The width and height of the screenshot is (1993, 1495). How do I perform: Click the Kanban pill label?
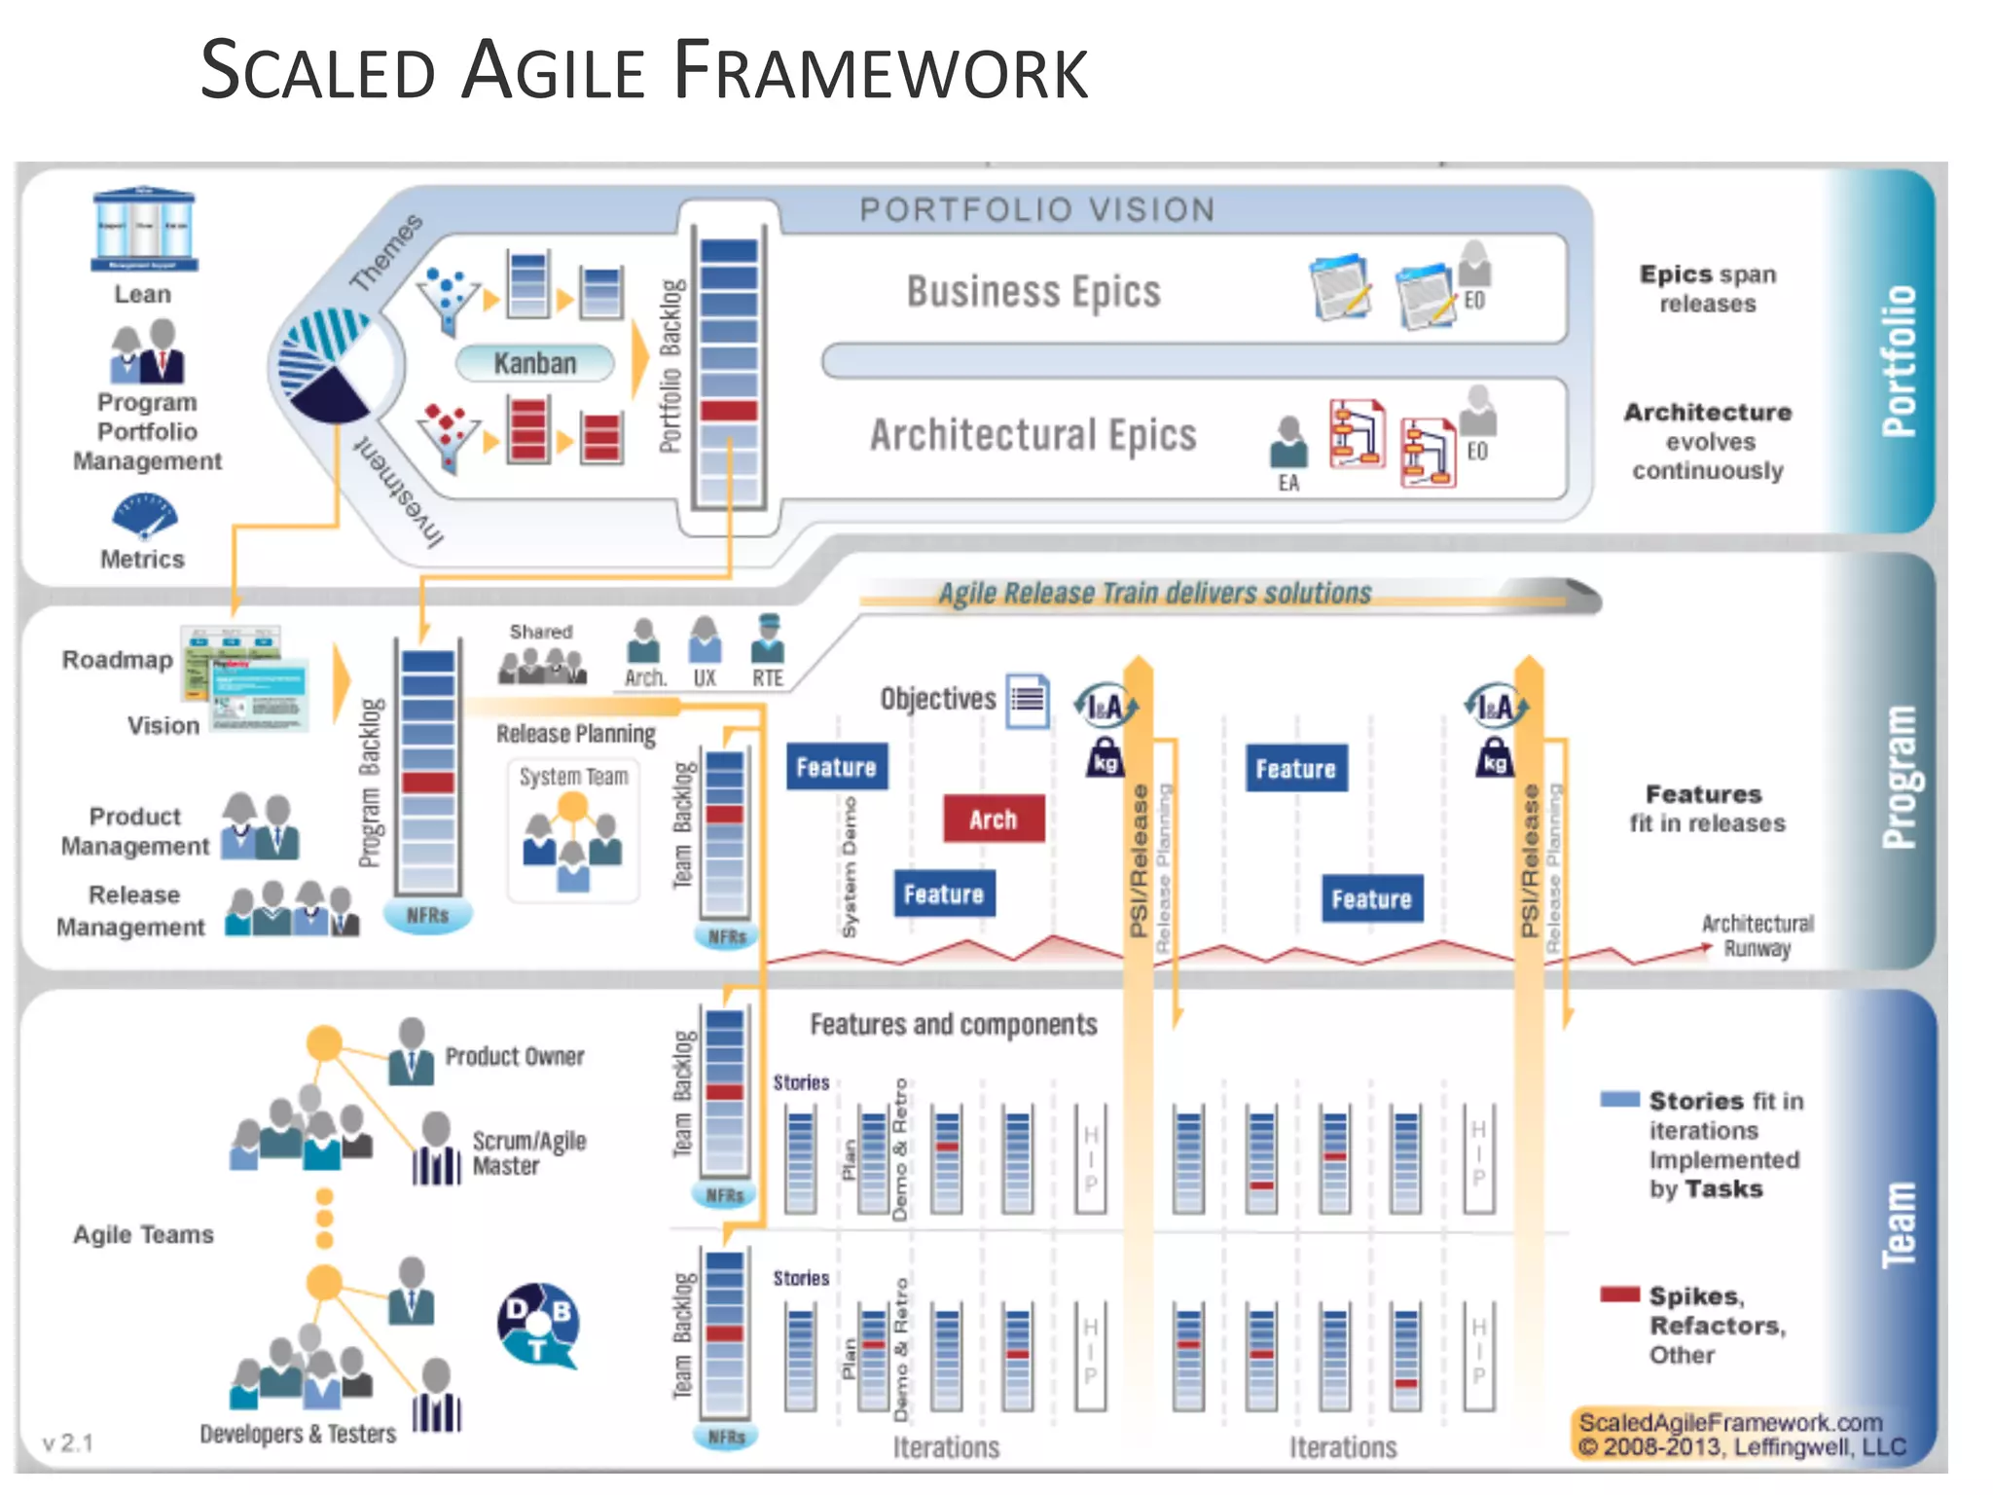[535, 363]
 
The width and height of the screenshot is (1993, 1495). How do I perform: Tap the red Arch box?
[994, 819]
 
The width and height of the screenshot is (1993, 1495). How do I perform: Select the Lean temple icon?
[144, 230]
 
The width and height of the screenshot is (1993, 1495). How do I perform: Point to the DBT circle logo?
[539, 1324]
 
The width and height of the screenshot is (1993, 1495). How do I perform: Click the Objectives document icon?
[1028, 700]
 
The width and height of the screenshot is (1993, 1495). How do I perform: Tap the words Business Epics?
[1033, 291]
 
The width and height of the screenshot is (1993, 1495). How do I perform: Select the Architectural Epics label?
[1033, 434]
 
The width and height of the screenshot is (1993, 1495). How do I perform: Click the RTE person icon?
[768, 639]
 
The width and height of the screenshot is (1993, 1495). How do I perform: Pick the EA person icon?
[1288, 443]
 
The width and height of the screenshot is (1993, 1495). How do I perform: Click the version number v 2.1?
[68, 1442]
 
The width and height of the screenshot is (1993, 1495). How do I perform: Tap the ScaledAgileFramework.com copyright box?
[1740, 1435]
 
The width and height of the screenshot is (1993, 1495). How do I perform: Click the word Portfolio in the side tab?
[1899, 360]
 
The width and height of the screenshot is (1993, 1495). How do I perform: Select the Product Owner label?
[515, 1056]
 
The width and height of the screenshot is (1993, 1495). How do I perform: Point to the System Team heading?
[573, 777]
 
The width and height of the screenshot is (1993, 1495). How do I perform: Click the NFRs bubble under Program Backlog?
[427, 915]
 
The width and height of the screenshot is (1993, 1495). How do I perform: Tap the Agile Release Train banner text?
[1154, 593]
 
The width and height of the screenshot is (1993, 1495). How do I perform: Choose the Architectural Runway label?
[1757, 935]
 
